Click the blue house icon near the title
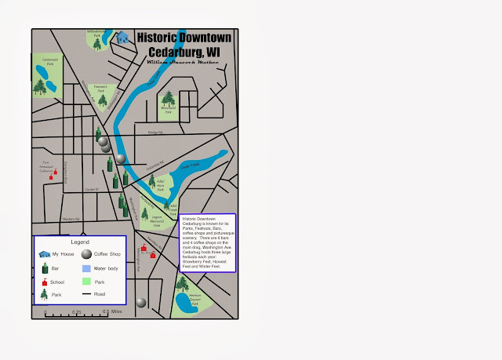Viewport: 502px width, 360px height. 122,36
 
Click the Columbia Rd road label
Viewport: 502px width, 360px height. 154,164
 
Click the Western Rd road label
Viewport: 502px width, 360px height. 71,219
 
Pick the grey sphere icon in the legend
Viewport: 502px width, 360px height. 86,254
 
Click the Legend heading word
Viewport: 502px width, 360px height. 79,242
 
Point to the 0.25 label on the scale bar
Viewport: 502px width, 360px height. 77,311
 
